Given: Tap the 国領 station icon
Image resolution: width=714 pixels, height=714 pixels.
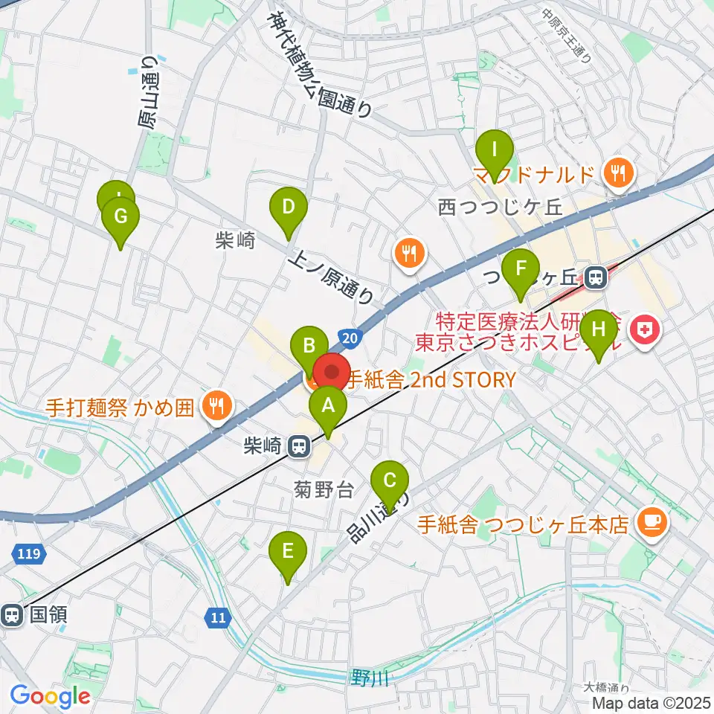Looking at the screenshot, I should point(12,615).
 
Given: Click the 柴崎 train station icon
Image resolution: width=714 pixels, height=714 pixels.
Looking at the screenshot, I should point(299,446).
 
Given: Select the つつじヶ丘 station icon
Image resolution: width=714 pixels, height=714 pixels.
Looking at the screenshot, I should point(595,278).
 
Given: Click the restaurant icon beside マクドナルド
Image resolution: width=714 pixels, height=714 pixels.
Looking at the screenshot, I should point(617,174).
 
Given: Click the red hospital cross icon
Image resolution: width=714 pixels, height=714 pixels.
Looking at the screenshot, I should point(645,329).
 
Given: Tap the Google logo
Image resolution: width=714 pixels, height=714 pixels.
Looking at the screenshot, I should point(50,696).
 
